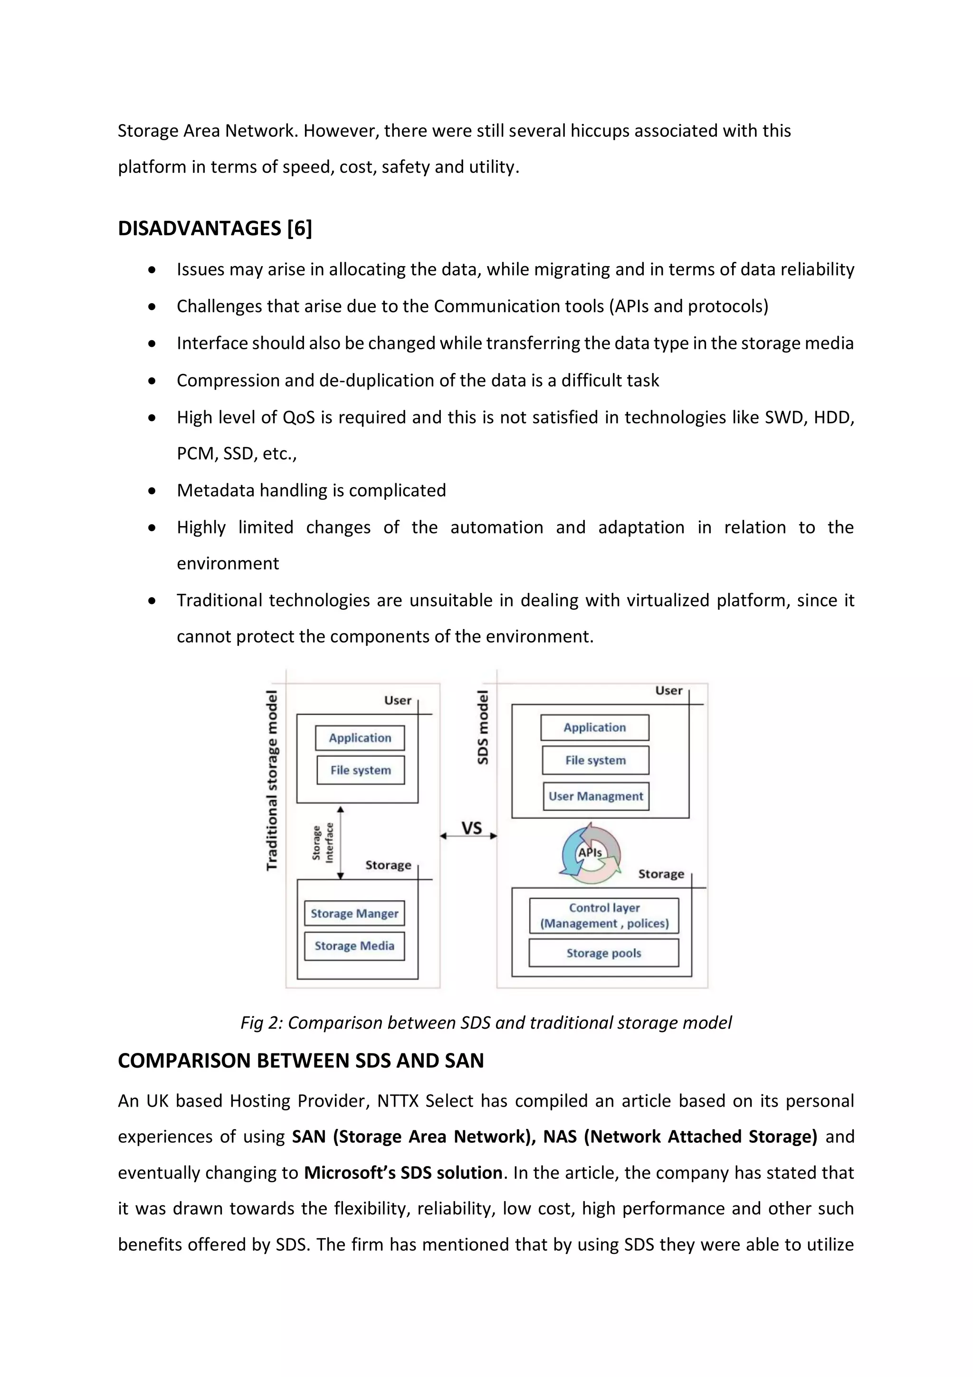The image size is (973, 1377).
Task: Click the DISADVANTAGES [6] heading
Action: click(x=215, y=229)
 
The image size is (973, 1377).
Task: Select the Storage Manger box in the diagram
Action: click(x=354, y=913)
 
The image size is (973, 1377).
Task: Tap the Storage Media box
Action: click(x=354, y=946)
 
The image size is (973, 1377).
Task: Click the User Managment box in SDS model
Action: click(x=596, y=796)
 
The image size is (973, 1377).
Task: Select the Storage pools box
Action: click(x=604, y=953)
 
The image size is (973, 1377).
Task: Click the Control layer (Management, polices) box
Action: click(x=604, y=916)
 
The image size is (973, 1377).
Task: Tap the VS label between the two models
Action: click(x=471, y=828)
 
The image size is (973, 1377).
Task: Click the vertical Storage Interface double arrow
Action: click(x=341, y=842)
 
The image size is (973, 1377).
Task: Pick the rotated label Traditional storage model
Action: click(x=272, y=780)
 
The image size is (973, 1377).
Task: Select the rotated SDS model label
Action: click(x=483, y=727)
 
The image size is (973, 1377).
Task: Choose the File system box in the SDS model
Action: click(x=595, y=760)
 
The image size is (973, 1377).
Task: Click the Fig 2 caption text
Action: click(x=486, y=1023)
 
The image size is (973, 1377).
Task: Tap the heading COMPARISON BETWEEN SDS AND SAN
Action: click(x=300, y=1061)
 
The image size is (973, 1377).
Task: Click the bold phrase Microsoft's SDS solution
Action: click(x=403, y=1173)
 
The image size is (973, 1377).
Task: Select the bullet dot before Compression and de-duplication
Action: click(x=153, y=381)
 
